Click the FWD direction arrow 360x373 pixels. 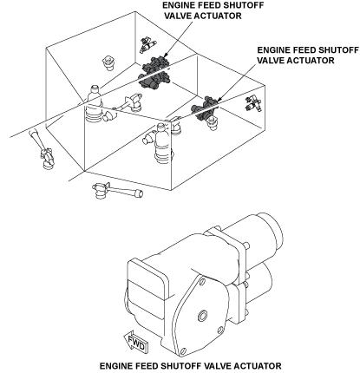point(136,342)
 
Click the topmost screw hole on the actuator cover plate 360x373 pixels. point(202,281)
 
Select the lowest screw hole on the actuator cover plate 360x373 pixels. point(182,351)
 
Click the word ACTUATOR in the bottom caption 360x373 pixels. point(258,366)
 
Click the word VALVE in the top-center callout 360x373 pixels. point(178,16)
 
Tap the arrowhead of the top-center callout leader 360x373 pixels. point(166,55)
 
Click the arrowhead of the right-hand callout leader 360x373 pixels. point(219,100)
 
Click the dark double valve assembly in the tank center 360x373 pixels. point(154,72)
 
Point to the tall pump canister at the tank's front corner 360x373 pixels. point(163,142)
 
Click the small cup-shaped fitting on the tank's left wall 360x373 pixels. point(108,62)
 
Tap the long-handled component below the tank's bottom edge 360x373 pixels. point(117,190)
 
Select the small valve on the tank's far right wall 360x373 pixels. point(253,103)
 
